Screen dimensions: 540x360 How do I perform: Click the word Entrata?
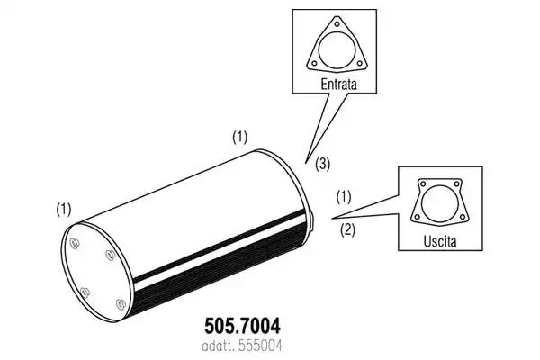point(338,84)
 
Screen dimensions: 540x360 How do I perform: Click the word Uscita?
point(440,241)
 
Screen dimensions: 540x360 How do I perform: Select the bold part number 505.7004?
point(242,326)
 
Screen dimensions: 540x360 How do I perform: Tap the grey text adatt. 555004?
point(242,346)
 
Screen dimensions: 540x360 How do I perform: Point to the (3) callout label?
point(323,164)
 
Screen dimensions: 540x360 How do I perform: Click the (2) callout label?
point(347,229)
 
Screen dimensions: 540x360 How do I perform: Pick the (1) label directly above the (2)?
point(344,197)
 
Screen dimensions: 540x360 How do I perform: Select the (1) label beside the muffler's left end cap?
point(64,210)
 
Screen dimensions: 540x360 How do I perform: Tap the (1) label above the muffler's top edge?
point(239,137)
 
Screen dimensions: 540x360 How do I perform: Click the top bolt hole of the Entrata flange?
point(337,24)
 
